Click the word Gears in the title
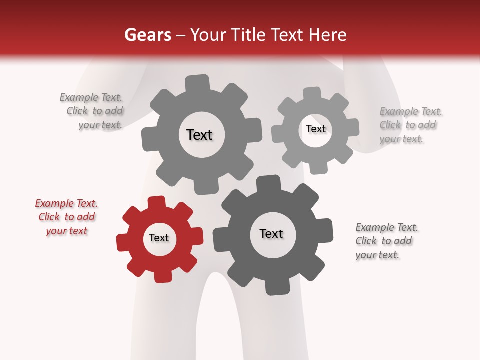(147, 35)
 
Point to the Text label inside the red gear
(159, 238)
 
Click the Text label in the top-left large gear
(199, 135)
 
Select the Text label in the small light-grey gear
(315, 129)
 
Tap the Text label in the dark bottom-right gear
(271, 234)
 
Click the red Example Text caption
(66, 217)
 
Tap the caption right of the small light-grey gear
(410, 125)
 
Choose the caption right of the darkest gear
(386, 241)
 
